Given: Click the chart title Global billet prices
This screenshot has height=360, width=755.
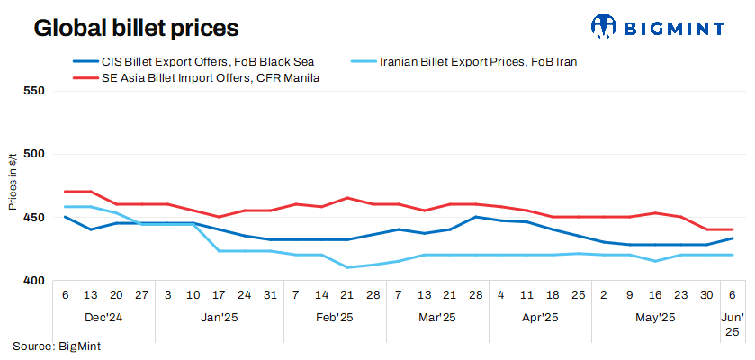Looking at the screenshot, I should pos(136,28).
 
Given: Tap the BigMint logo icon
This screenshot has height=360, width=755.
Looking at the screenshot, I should pos(607,27).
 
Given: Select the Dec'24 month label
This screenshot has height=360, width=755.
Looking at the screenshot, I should pos(103,317).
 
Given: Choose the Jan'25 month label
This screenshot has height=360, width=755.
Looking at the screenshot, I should pos(220,317).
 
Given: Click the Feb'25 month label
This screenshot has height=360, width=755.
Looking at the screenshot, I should pos(335,317).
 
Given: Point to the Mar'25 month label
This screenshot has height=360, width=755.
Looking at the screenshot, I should pos(437,317).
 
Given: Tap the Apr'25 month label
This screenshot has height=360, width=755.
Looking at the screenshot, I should pos(540,317).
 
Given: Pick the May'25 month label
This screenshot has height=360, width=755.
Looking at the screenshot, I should pos(655,317).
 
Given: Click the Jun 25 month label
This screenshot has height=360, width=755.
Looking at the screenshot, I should pos(733,324).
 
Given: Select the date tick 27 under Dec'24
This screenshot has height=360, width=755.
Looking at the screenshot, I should pos(141,294).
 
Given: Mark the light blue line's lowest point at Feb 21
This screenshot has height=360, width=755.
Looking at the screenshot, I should pos(347,267).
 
